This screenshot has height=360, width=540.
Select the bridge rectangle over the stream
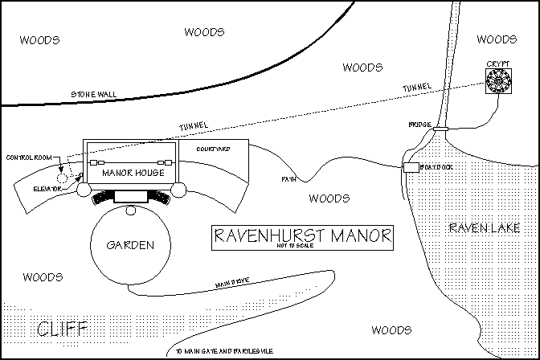tap(440, 127)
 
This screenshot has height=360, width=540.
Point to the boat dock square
tap(411, 166)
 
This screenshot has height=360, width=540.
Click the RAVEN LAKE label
tap(479, 228)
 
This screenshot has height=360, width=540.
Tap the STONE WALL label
tap(93, 94)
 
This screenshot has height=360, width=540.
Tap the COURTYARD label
tap(214, 149)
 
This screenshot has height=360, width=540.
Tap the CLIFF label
tap(60, 328)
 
